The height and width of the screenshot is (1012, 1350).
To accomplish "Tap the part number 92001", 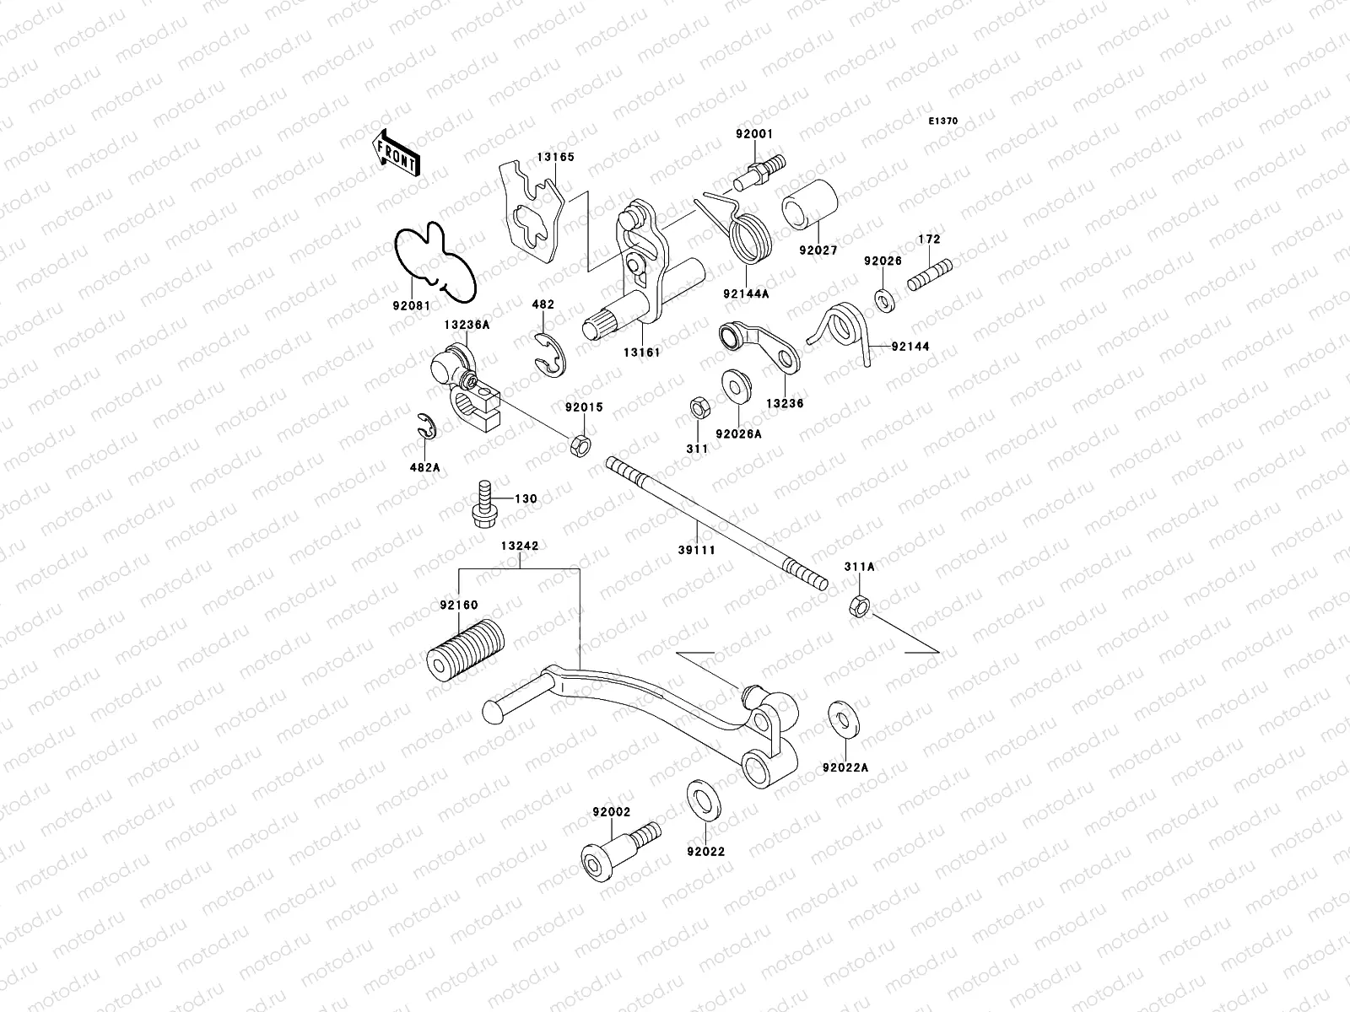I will [753, 134].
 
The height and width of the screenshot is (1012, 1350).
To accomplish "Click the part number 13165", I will [556, 157].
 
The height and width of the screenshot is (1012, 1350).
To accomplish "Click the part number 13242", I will [520, 545].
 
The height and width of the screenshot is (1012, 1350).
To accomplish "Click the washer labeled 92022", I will [698, 800].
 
